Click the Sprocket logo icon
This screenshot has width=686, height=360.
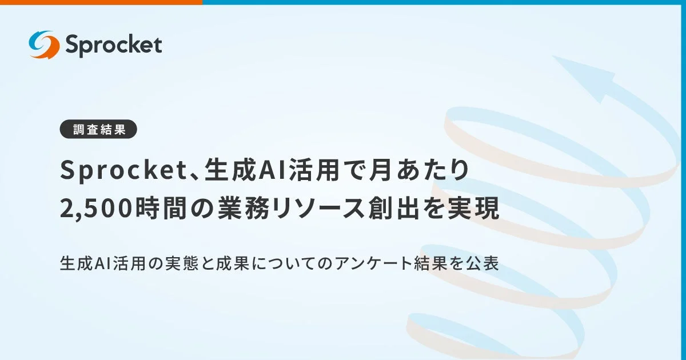click(x=44, y=45)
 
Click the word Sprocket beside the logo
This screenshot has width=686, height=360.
click(x=113, y=45)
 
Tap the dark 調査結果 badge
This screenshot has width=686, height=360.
click(x=98, y=130)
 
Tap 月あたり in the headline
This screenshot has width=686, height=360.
click(x=420, y=171)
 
